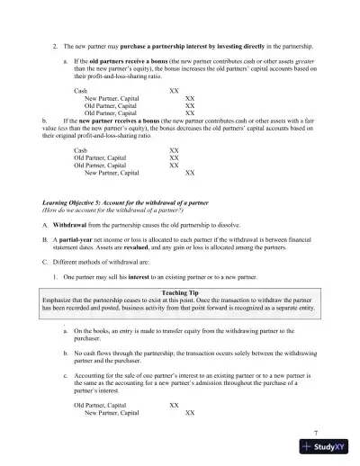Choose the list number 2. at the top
(x=56, y=45)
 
